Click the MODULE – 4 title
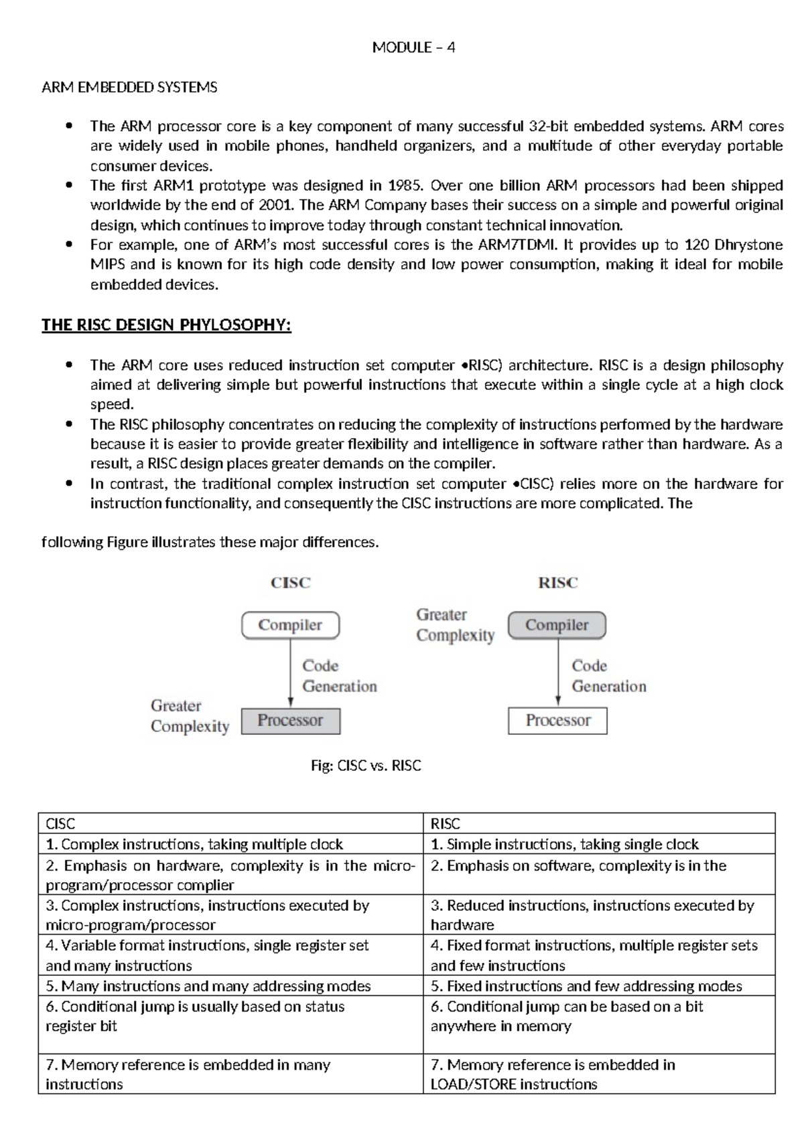413,48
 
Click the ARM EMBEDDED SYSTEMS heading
129,88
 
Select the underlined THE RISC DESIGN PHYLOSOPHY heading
166,326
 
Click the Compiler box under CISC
290,625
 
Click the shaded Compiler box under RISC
557,625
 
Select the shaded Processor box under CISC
290,721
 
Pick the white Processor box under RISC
557,721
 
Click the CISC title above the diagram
291,583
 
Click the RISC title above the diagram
557,583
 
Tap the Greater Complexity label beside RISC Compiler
455,625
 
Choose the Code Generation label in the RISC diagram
608,676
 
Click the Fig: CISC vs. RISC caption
366,766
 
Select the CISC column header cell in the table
230,824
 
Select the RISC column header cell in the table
599,824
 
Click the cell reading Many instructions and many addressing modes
230,986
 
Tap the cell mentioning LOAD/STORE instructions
599,1074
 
